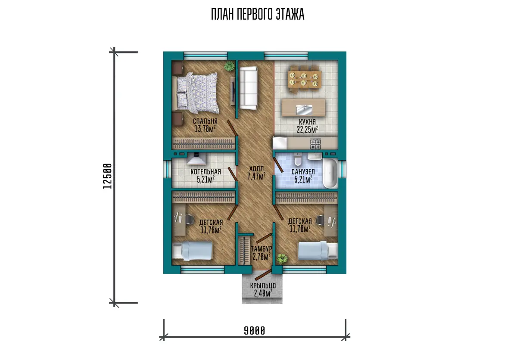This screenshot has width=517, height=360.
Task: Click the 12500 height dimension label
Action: pos(107,176)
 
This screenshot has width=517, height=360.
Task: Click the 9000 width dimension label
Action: pos(255,331)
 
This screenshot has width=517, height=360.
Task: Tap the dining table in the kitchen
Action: pos(305,79)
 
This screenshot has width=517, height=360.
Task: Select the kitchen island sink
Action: pos(304,109)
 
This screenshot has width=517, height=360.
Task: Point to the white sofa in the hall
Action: pos(249,88)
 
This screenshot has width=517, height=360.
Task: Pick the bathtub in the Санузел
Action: pos(330,174)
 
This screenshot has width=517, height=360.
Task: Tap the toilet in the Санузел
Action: pos(298,159)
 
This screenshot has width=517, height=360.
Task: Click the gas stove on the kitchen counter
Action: pos(315,143)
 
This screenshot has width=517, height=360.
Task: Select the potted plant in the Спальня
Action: pos(229,66)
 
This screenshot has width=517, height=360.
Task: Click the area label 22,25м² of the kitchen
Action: pos(307,130)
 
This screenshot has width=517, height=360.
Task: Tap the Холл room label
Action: pos(256,168)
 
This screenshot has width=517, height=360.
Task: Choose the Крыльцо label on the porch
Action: pos(263,286)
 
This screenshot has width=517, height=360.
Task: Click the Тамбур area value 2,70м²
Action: pos(262,257)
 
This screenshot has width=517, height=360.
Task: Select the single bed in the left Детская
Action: pos(193,251)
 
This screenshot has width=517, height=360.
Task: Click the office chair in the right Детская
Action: pos(321,220)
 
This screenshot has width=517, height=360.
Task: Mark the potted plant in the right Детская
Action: pos(282,258)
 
